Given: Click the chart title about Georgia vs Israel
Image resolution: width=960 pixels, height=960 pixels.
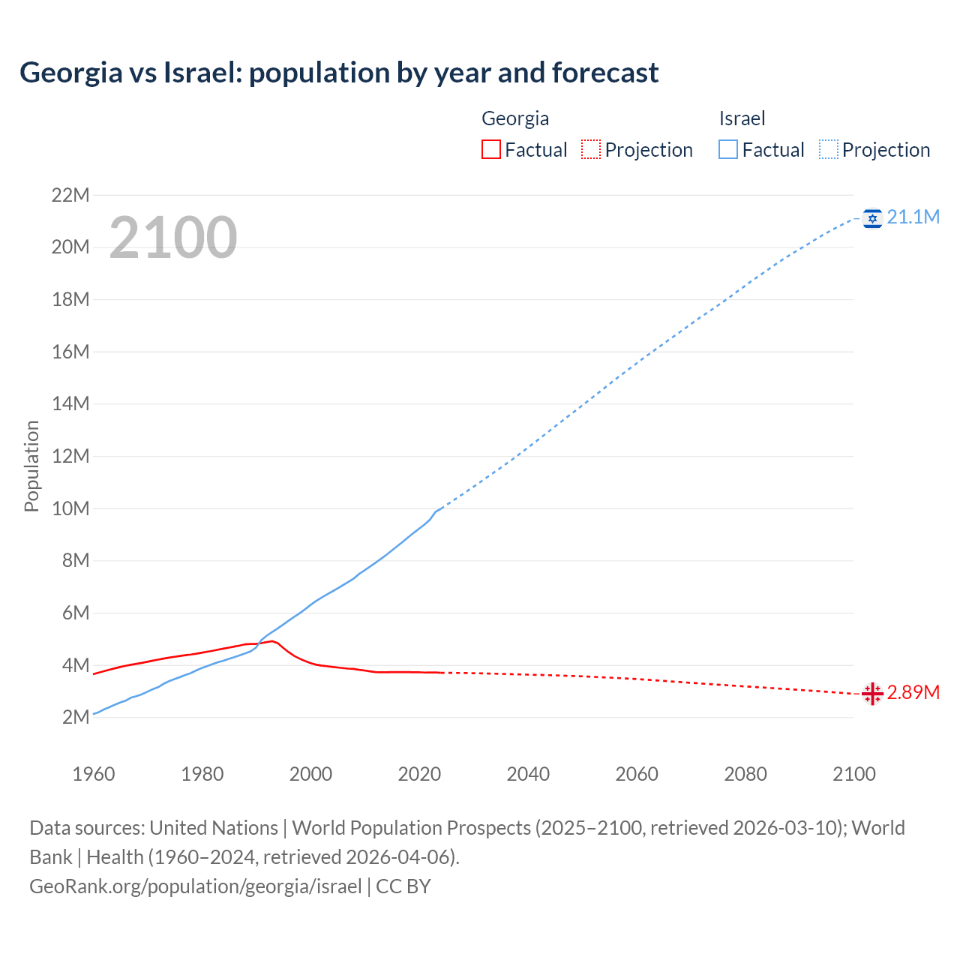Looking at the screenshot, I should [339, 73].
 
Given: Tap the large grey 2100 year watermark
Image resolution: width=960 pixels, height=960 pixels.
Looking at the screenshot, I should [173, 238].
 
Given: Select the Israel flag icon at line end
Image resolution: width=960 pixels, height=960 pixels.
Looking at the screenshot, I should [872, 218].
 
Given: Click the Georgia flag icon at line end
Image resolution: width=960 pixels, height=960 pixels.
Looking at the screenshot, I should [872, 694].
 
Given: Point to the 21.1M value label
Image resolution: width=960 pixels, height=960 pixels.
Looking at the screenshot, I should [913, 217].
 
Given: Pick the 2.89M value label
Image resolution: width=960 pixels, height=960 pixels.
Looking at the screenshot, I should [913, 693].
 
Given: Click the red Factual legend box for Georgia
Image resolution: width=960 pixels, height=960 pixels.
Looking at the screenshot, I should [490, 150].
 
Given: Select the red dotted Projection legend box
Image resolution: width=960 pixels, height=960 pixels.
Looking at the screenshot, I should [591, 150].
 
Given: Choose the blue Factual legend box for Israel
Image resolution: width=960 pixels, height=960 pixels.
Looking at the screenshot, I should [727, 150].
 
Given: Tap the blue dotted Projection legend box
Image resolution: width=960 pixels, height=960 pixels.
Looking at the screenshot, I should [828, 150].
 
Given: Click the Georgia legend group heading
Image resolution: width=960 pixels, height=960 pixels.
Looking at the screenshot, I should [515, 118].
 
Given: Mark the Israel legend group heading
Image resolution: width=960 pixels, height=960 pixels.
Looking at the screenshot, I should [742, 118].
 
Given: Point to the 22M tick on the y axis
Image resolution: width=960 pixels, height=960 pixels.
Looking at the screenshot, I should [70, 196].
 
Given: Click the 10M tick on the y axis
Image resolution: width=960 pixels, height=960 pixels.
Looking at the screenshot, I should [70, 508].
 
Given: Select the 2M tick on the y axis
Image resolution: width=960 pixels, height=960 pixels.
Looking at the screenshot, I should [75, 717].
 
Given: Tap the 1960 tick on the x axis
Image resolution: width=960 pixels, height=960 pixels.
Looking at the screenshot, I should [94, 774].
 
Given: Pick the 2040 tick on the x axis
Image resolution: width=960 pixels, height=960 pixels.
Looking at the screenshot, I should [528, 774].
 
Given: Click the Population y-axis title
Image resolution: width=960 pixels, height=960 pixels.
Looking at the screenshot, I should [31, 466].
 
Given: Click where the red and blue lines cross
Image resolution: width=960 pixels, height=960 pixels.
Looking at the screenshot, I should [259, 643].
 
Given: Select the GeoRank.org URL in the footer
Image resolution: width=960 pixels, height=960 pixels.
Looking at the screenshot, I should [196, 886].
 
